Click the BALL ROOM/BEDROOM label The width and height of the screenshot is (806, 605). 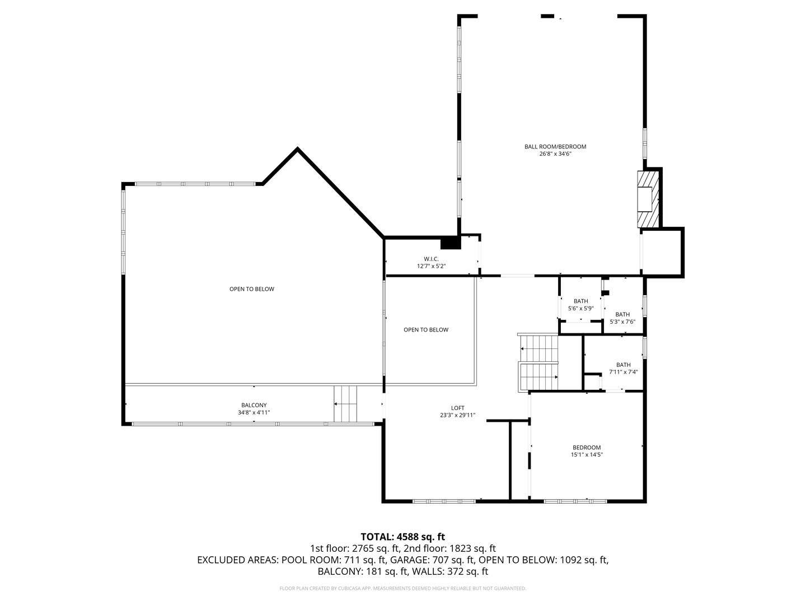tap(555, 147)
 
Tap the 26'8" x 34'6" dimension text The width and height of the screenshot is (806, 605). tap(555, 153)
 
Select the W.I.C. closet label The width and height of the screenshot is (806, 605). tap(431, 259)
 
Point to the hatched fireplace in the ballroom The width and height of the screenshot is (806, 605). tap(648, 199)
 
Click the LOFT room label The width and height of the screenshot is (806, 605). tap(457, 408)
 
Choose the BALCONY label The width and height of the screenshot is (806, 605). tap(254, 405)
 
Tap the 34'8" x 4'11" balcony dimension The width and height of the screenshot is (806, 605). tap(254, 412)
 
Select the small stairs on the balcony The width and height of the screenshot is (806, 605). tap(345, 404)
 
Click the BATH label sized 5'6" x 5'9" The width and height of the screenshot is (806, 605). tap(580, 301)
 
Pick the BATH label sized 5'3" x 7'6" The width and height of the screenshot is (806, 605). tap(622, 314)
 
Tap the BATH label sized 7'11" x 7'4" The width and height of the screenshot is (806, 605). tap(623, 365)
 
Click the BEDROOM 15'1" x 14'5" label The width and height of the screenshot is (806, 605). tap(586, 447)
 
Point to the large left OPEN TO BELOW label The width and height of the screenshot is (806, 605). tap(252, 289)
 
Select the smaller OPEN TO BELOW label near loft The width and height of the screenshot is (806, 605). tap(426, 330)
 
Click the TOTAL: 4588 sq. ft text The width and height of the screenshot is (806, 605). tap(402, 537)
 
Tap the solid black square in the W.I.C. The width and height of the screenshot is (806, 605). tap(450, 243)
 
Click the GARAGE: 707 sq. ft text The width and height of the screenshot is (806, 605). tap(432, 560)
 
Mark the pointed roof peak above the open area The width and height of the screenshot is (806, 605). tap(297, 150)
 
